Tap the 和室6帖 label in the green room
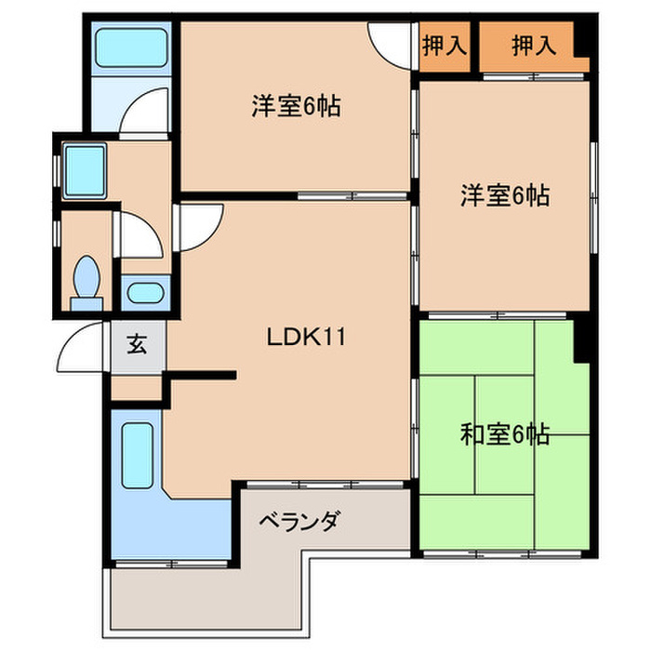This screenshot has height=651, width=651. coord(504,433)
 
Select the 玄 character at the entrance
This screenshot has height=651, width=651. coord(137,346)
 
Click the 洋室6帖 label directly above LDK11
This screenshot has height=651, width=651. coord(295,107)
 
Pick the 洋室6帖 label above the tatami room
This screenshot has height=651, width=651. coord(504,196)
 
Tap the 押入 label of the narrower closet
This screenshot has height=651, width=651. coord(444,46)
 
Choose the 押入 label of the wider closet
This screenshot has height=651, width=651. coord(534,46)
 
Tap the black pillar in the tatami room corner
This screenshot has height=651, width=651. coord(584,340)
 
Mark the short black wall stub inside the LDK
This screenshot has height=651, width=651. coord(199,376)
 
